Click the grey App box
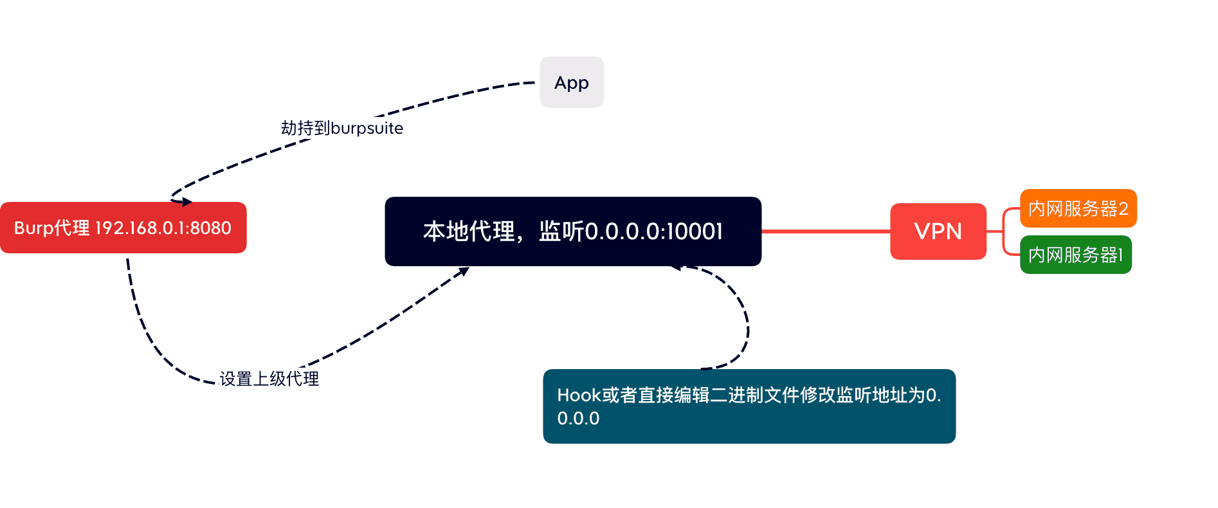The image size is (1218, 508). (x=571, y=82)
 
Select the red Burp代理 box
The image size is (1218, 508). (x=123, y=228)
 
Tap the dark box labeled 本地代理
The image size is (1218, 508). (x=572, y=231)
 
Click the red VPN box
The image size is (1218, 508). (x=938, y=231)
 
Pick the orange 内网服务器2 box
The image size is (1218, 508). (x=1078, y=208)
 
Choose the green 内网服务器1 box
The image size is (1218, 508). (x=1075, y=255)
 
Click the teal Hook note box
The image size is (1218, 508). (x=749, y=406)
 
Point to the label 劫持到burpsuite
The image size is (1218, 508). (x=341, y=128)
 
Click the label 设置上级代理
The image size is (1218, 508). (x=269, y=379)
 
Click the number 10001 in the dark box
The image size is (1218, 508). (x=695, y=231)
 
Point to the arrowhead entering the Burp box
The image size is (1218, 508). (x=186, y=202)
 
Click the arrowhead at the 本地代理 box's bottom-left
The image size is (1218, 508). (x=463, y=271)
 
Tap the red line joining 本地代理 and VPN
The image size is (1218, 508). (x=826, y=231)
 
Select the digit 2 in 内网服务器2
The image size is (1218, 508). (x=1123, y=208)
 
